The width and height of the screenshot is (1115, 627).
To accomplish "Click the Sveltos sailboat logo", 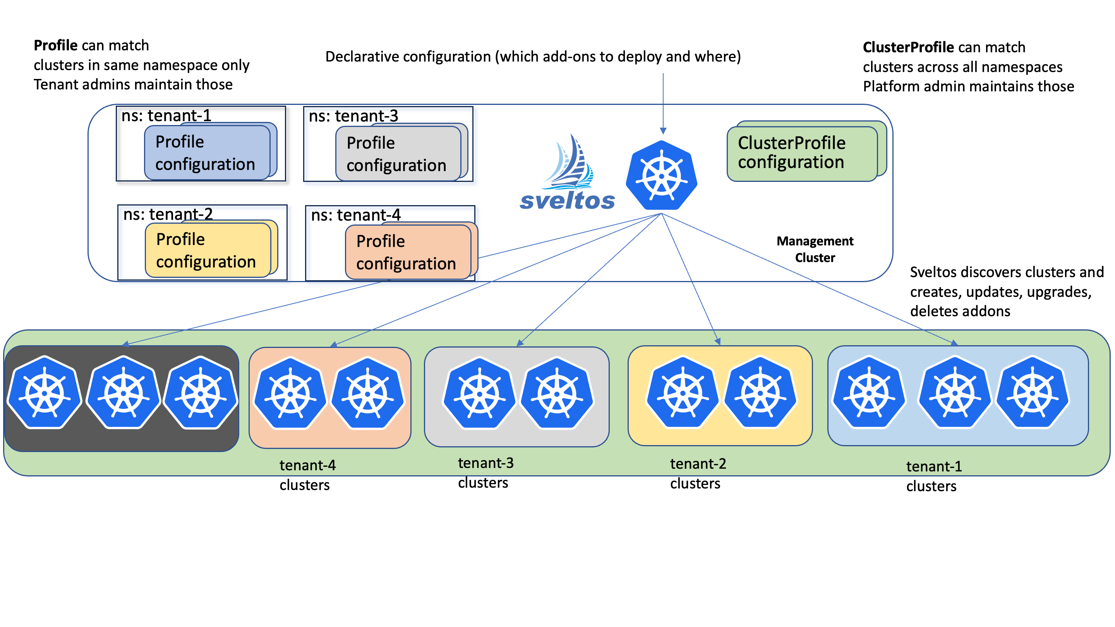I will click(568, 162).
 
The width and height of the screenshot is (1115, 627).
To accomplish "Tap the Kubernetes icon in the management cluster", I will click(661, 175).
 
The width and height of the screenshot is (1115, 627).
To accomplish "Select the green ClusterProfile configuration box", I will click(802, 153).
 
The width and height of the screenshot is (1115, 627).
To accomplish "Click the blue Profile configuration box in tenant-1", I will click(207, 153).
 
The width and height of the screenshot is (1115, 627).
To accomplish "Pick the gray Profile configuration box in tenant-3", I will click(398, 154).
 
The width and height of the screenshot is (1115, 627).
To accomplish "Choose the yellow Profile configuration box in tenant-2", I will click(208, 250).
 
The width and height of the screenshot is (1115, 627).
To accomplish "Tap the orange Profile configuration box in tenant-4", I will click(408, 252).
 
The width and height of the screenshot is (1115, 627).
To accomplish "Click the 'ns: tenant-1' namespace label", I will click(166, 116).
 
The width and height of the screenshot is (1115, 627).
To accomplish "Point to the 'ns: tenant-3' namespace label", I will click(353, 116).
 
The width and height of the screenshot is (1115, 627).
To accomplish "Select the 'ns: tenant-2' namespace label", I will click(168, 214).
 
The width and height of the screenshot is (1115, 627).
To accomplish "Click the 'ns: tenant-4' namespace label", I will click(356, 215).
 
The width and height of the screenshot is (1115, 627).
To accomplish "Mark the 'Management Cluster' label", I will click(815, 249).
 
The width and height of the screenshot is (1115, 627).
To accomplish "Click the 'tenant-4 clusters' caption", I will click(307, 475).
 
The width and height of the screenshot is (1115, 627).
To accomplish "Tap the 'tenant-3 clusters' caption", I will click(485, 473).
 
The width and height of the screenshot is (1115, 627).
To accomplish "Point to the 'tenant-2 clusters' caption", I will click(697, 473).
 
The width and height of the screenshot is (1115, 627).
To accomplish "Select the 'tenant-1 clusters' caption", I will click(934, 476).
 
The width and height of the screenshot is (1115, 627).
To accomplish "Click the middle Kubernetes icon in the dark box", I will click(124, 392).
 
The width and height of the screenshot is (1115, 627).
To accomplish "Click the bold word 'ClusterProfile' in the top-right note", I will click(907, 47).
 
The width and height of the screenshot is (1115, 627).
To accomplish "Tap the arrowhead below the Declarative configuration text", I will click(663, 131).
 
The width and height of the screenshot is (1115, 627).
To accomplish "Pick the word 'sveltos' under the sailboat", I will click(567, 201).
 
